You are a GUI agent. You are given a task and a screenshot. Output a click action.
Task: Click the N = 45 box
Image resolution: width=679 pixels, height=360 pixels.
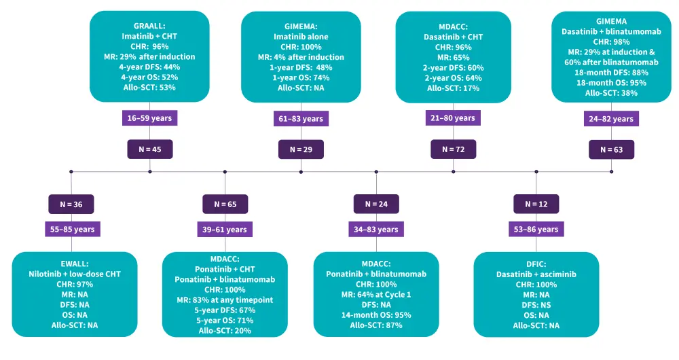pos(150,149)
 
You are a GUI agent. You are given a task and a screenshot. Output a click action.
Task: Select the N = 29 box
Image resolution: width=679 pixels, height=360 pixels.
pos(301,149)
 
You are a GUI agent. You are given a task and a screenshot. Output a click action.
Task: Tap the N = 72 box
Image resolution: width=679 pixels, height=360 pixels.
pos(454,149)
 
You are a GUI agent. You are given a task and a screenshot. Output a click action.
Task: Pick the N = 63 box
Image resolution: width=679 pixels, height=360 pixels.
pos(611,149)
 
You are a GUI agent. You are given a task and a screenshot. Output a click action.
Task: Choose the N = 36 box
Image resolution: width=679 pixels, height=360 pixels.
pos(71,203)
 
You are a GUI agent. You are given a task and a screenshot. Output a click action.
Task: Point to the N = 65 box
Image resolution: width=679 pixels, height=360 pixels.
pos(225,203)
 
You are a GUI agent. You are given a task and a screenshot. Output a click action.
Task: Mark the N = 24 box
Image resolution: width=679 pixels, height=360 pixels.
pos(376,203)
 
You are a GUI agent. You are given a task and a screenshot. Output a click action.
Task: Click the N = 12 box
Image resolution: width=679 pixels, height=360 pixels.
pos(536,203)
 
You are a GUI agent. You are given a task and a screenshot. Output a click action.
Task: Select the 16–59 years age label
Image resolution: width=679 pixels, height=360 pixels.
pos(150,118)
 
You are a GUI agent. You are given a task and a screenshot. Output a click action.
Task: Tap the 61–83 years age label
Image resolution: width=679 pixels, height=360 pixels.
pos(301,119)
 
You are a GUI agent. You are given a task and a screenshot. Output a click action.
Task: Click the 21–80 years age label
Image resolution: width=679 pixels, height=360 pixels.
pos(454,118)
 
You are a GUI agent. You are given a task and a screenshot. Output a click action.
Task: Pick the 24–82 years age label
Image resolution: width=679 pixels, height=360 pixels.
pos(611,119)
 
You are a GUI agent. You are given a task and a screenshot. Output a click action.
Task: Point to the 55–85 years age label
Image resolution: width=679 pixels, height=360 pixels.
pos(71,230)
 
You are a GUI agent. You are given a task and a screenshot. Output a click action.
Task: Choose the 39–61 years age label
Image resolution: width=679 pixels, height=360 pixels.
pos(225,230)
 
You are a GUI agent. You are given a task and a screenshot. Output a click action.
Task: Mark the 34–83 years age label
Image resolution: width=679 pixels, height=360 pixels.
pos(376,230)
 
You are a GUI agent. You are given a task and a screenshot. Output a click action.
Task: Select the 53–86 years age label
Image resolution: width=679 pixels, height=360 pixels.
pos(536,230)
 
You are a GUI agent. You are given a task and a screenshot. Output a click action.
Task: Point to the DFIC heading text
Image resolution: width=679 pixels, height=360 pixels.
pos(536,264)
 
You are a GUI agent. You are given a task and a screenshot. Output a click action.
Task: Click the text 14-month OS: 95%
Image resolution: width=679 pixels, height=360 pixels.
pos(376,314)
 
